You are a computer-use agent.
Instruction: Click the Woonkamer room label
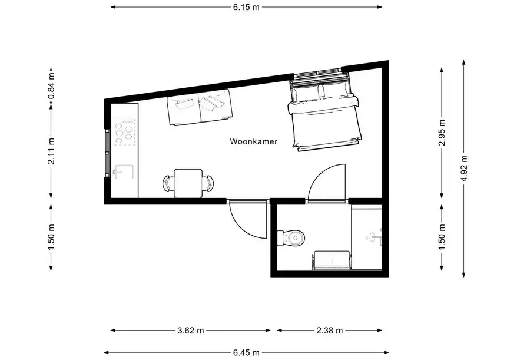[x=253, y=141]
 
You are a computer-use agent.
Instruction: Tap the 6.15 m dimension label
[x=246, y=7]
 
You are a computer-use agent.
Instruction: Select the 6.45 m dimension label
[x=246, y=352]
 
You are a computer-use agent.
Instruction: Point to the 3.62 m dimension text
[x=190, y=330]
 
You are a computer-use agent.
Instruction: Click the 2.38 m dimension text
[x=330, y=330]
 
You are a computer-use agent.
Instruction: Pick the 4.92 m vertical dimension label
[x=464, y=168]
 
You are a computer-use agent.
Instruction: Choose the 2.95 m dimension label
[x=442, y=133]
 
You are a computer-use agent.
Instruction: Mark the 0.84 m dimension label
[x=51, y=87]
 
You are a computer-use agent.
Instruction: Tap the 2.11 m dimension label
[x=51, y=151]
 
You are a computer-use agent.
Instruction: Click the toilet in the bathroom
[x=291, y=238]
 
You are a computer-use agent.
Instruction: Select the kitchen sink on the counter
[x=124, y=172]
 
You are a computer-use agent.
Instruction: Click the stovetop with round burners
[x=124, y=131]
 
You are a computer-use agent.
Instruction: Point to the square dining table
[x=188, y=183]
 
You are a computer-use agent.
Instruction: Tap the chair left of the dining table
[x=168, y=183]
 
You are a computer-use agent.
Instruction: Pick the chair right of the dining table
[x=207, y=183]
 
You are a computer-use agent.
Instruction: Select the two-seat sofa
[x=199, y=107]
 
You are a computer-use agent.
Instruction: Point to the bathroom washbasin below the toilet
[x=331, y=260]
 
